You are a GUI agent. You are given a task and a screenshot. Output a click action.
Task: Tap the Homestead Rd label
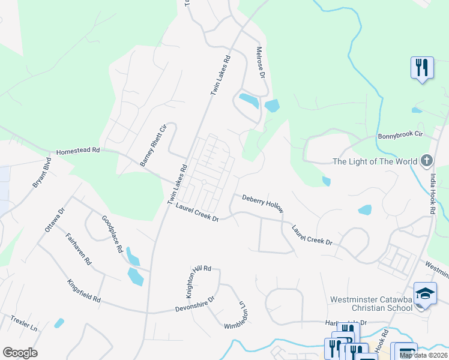pos(78,152)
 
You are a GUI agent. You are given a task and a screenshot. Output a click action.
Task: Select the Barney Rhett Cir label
pos(152,145)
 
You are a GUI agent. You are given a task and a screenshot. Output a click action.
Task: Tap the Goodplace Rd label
pos(112,233)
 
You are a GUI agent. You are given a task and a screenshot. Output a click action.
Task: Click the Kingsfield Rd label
pos(84,290)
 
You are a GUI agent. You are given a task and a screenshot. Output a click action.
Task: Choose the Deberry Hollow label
pos(262,203)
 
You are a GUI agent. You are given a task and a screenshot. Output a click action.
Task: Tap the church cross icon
pos(426,161)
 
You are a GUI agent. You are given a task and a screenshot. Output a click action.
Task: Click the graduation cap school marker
pos(425,293)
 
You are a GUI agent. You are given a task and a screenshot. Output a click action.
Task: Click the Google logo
pos(20,353)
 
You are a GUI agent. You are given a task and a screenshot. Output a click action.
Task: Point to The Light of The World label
pos(375,161)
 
